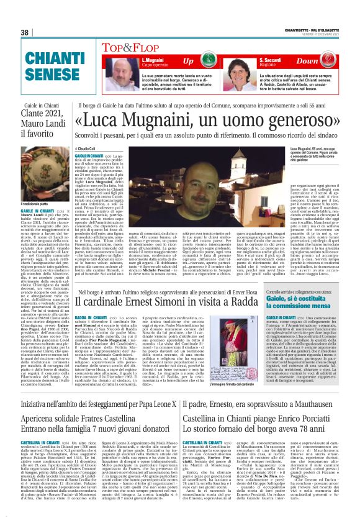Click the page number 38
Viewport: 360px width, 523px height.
tap(25, 32)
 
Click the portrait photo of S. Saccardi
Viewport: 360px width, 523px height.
tap(237, 73)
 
